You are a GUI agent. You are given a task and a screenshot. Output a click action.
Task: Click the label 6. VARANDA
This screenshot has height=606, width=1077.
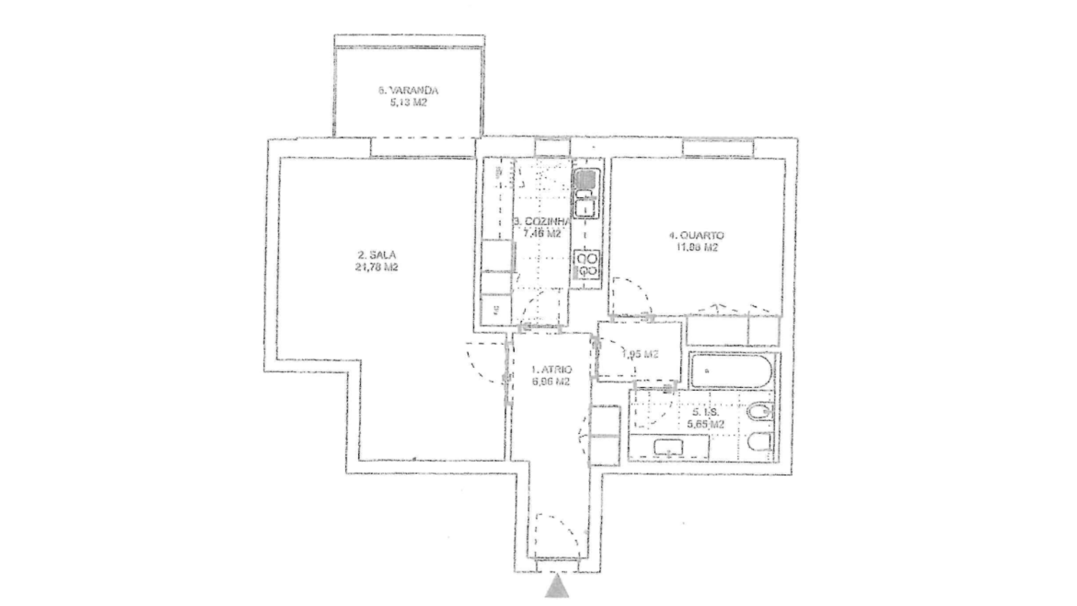(408, 90)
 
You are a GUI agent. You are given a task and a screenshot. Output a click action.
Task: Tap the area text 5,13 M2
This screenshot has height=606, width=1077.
(408, 103)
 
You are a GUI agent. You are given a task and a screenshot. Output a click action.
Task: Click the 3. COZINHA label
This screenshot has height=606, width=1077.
(542, 221)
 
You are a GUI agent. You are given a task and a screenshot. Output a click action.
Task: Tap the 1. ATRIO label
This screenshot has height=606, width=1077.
(551, 370)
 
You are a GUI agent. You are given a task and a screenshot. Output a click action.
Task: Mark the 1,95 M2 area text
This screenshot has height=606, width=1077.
(639, 354)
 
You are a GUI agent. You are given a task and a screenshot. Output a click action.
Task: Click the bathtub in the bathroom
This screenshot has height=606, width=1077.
(730, 371)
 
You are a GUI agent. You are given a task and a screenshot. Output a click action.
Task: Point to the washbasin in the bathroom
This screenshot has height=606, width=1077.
(669, 447)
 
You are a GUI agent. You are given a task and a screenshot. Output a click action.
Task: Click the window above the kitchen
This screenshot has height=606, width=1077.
(553, 147)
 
